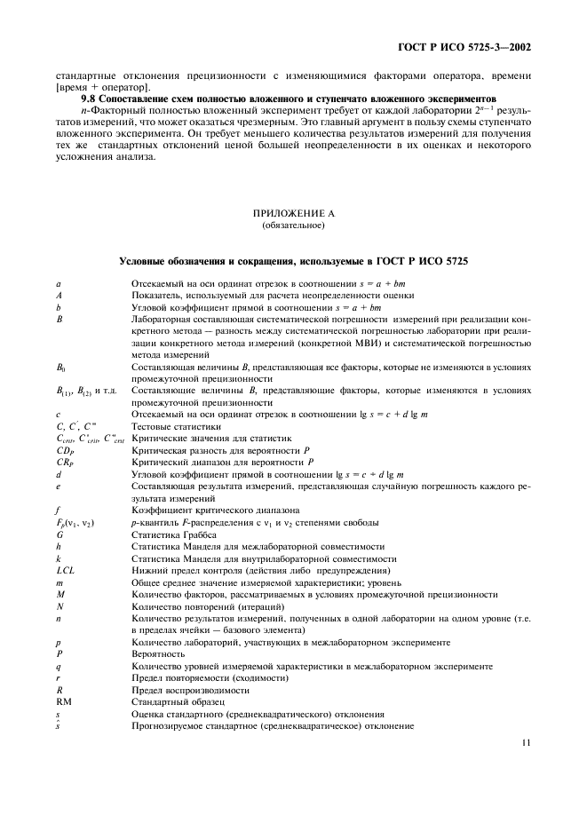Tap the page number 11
click(527, 744)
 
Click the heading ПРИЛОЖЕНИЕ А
click(293, 214)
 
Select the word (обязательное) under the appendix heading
click(293, 225)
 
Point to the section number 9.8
click(89, 98)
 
